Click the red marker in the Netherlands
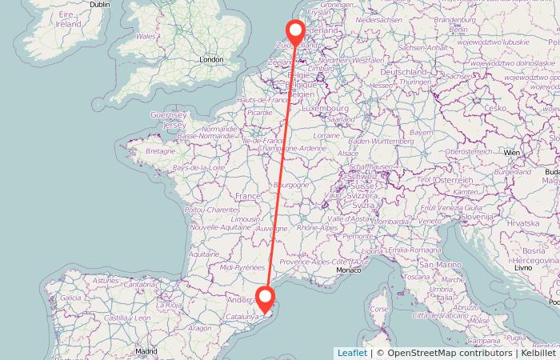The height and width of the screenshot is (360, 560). coord(295,33)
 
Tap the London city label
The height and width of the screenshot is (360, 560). coord(211,59)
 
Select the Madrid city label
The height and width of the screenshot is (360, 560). coord(145,350)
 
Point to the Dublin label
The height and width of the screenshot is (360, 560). coord(100,5)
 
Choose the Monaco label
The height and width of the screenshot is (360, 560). coord(349,272)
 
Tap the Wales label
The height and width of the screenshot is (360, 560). coord(146,36)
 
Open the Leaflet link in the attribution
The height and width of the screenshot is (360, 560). coord(352,353)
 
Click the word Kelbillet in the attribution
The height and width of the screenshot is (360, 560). coord(537,353)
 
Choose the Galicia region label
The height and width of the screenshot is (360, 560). coord(70,298)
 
